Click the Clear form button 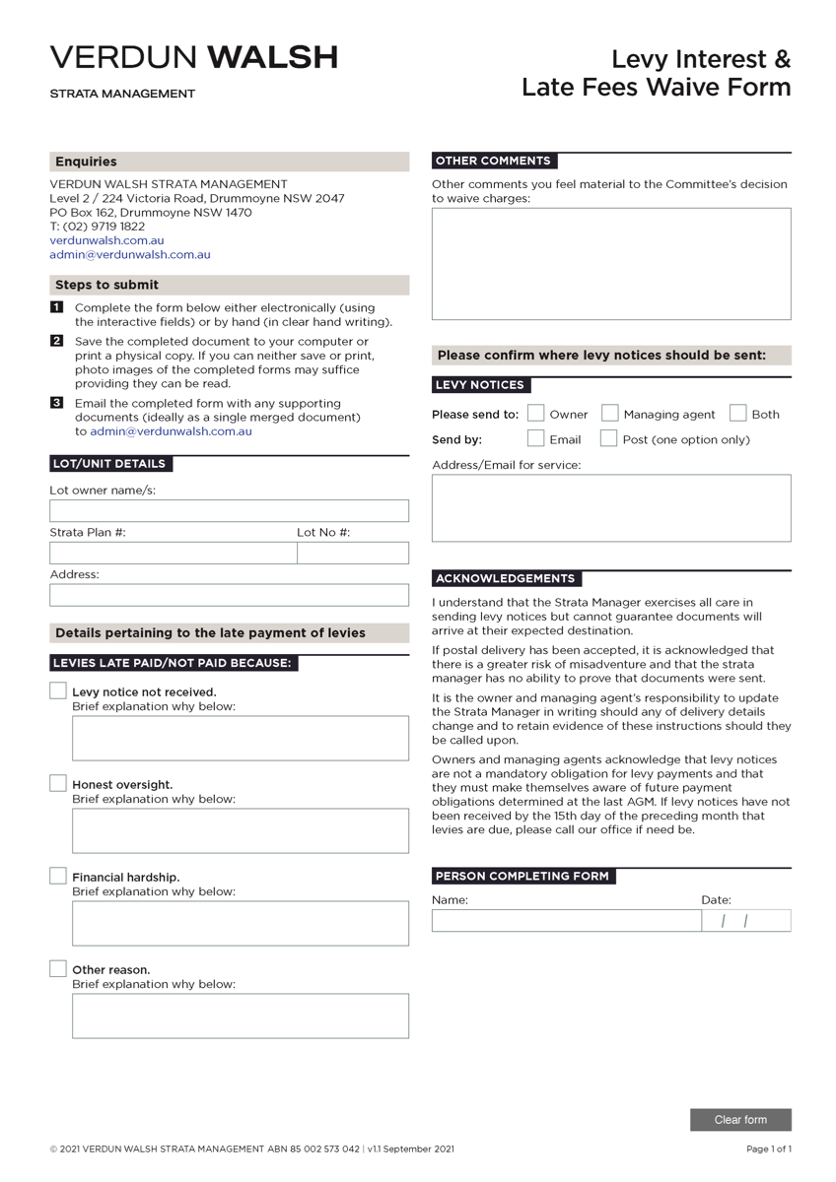[x=740, y=1120]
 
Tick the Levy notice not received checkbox [x=58, y=691]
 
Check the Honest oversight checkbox [x=58, y=784]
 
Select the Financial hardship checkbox [x=58, y=877]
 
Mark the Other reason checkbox [x=58, y=969]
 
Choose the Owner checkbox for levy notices [x=536, y=414]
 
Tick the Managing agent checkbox [x=610, y=414]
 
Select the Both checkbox [x=738, y=414]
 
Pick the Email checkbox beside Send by [x=536, y=439]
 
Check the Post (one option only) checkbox [x=609, y=439]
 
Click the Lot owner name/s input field [x=229, y=511]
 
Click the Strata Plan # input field [x=173, y=554]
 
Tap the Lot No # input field [x=353, y=554]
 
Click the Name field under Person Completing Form [x=566, y=921]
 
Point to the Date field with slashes [x=746, y=921]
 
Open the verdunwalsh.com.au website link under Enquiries [x=106, y=240]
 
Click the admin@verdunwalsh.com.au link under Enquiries [x=130, y=254]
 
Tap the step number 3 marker [x=56, y=403]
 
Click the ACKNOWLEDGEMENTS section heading [x=506, y=579]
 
